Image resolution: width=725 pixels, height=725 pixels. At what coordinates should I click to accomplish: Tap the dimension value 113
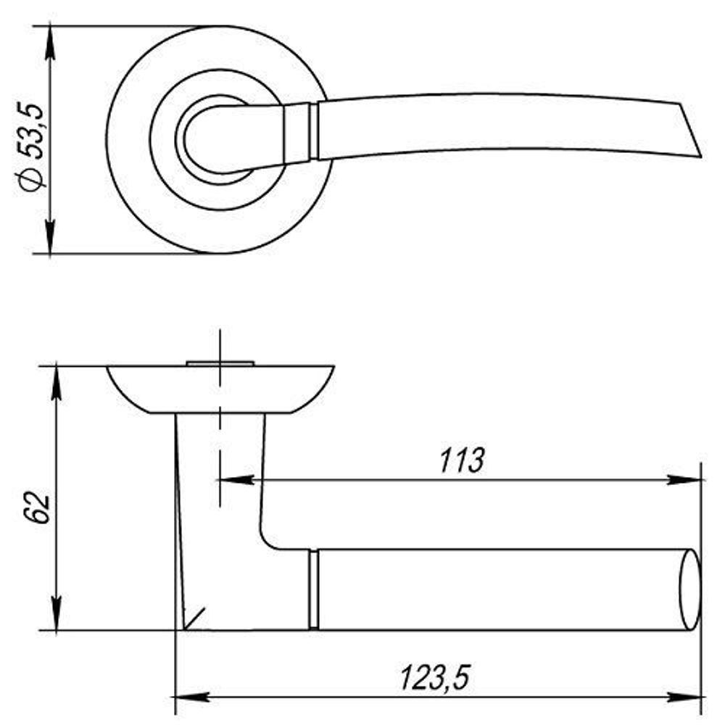click(x=461, y=461)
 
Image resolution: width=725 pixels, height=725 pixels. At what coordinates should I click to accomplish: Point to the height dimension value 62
click(x=36, y=507)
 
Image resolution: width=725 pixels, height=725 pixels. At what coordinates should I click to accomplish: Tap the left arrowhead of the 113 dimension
click(x=236, y=479)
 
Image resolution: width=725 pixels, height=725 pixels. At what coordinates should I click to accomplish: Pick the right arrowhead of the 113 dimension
click(x=685, y=479)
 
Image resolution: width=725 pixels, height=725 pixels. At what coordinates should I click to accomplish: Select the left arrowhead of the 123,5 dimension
click(x=193, y=697)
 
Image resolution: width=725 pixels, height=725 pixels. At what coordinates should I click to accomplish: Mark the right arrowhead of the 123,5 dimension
click(x=685, y=697)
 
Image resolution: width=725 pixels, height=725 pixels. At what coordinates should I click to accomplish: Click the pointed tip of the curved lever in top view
click(x=699, y=153)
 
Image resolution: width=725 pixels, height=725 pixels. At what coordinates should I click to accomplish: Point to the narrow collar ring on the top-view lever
click(x=314, y=131)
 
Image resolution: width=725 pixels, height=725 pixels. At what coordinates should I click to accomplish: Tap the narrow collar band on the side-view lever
click(x=313, y=589)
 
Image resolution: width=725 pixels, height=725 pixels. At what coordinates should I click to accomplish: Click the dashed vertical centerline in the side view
click(x=218, y=420)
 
